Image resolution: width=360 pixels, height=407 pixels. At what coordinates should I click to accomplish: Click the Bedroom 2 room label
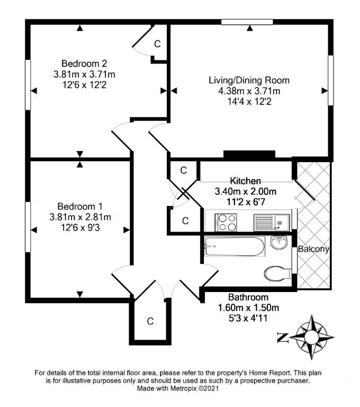click(84, 64)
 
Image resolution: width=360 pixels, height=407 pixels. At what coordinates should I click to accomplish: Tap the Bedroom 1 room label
click(80, 206)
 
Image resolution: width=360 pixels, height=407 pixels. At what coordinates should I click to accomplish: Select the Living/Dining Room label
click(249, 80)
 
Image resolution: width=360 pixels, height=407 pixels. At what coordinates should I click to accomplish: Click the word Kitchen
click(245, 181)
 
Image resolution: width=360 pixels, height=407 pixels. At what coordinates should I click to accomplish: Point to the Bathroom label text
click(248, 297)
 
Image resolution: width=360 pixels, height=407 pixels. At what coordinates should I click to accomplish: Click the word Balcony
click(313, 249)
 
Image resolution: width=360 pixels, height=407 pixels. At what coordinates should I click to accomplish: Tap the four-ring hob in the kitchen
click(226, 222)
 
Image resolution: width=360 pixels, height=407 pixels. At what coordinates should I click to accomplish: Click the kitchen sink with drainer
click(272, 223)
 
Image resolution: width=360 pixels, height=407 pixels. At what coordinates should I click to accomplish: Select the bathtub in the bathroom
click(235, 246)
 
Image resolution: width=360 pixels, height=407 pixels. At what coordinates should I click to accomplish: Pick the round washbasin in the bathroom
click(279, 242)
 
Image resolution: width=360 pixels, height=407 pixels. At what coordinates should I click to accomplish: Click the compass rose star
click(311, 337)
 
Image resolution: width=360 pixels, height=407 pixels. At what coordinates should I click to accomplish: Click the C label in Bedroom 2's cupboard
click(157, 44)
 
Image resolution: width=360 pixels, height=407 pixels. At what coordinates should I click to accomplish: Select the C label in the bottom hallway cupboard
click(150, 321)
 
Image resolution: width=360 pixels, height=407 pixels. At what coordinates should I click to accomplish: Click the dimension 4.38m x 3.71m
click(249, 91)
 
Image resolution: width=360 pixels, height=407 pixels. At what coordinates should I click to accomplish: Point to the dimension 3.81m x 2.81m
click(80, 217)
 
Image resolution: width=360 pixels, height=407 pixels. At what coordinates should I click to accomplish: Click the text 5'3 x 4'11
click(248, 318)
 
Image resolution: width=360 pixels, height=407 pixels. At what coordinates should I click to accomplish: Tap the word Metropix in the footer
click(184, 388)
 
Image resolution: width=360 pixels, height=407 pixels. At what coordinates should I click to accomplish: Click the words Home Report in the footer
click(269, 373)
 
